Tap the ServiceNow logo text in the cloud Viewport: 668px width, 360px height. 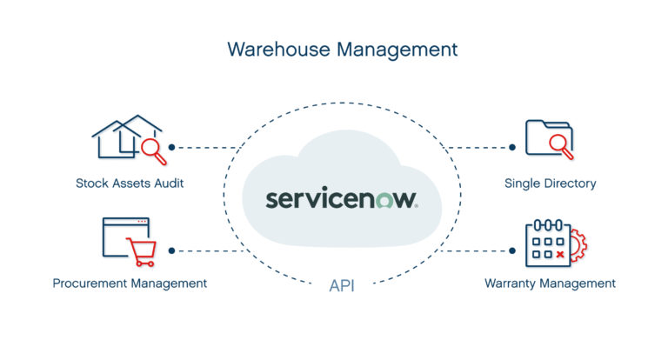coord(342,197)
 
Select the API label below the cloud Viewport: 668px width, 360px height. coord(342,284)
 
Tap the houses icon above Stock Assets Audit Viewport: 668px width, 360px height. coord(124,137)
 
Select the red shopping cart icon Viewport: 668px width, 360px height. coord(140,251)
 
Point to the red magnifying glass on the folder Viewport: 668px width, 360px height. coord(561,147)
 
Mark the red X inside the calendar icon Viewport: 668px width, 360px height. coord(560,254)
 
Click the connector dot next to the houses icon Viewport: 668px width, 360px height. coord(172,147)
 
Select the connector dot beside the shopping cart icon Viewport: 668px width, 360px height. coord(172,250)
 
